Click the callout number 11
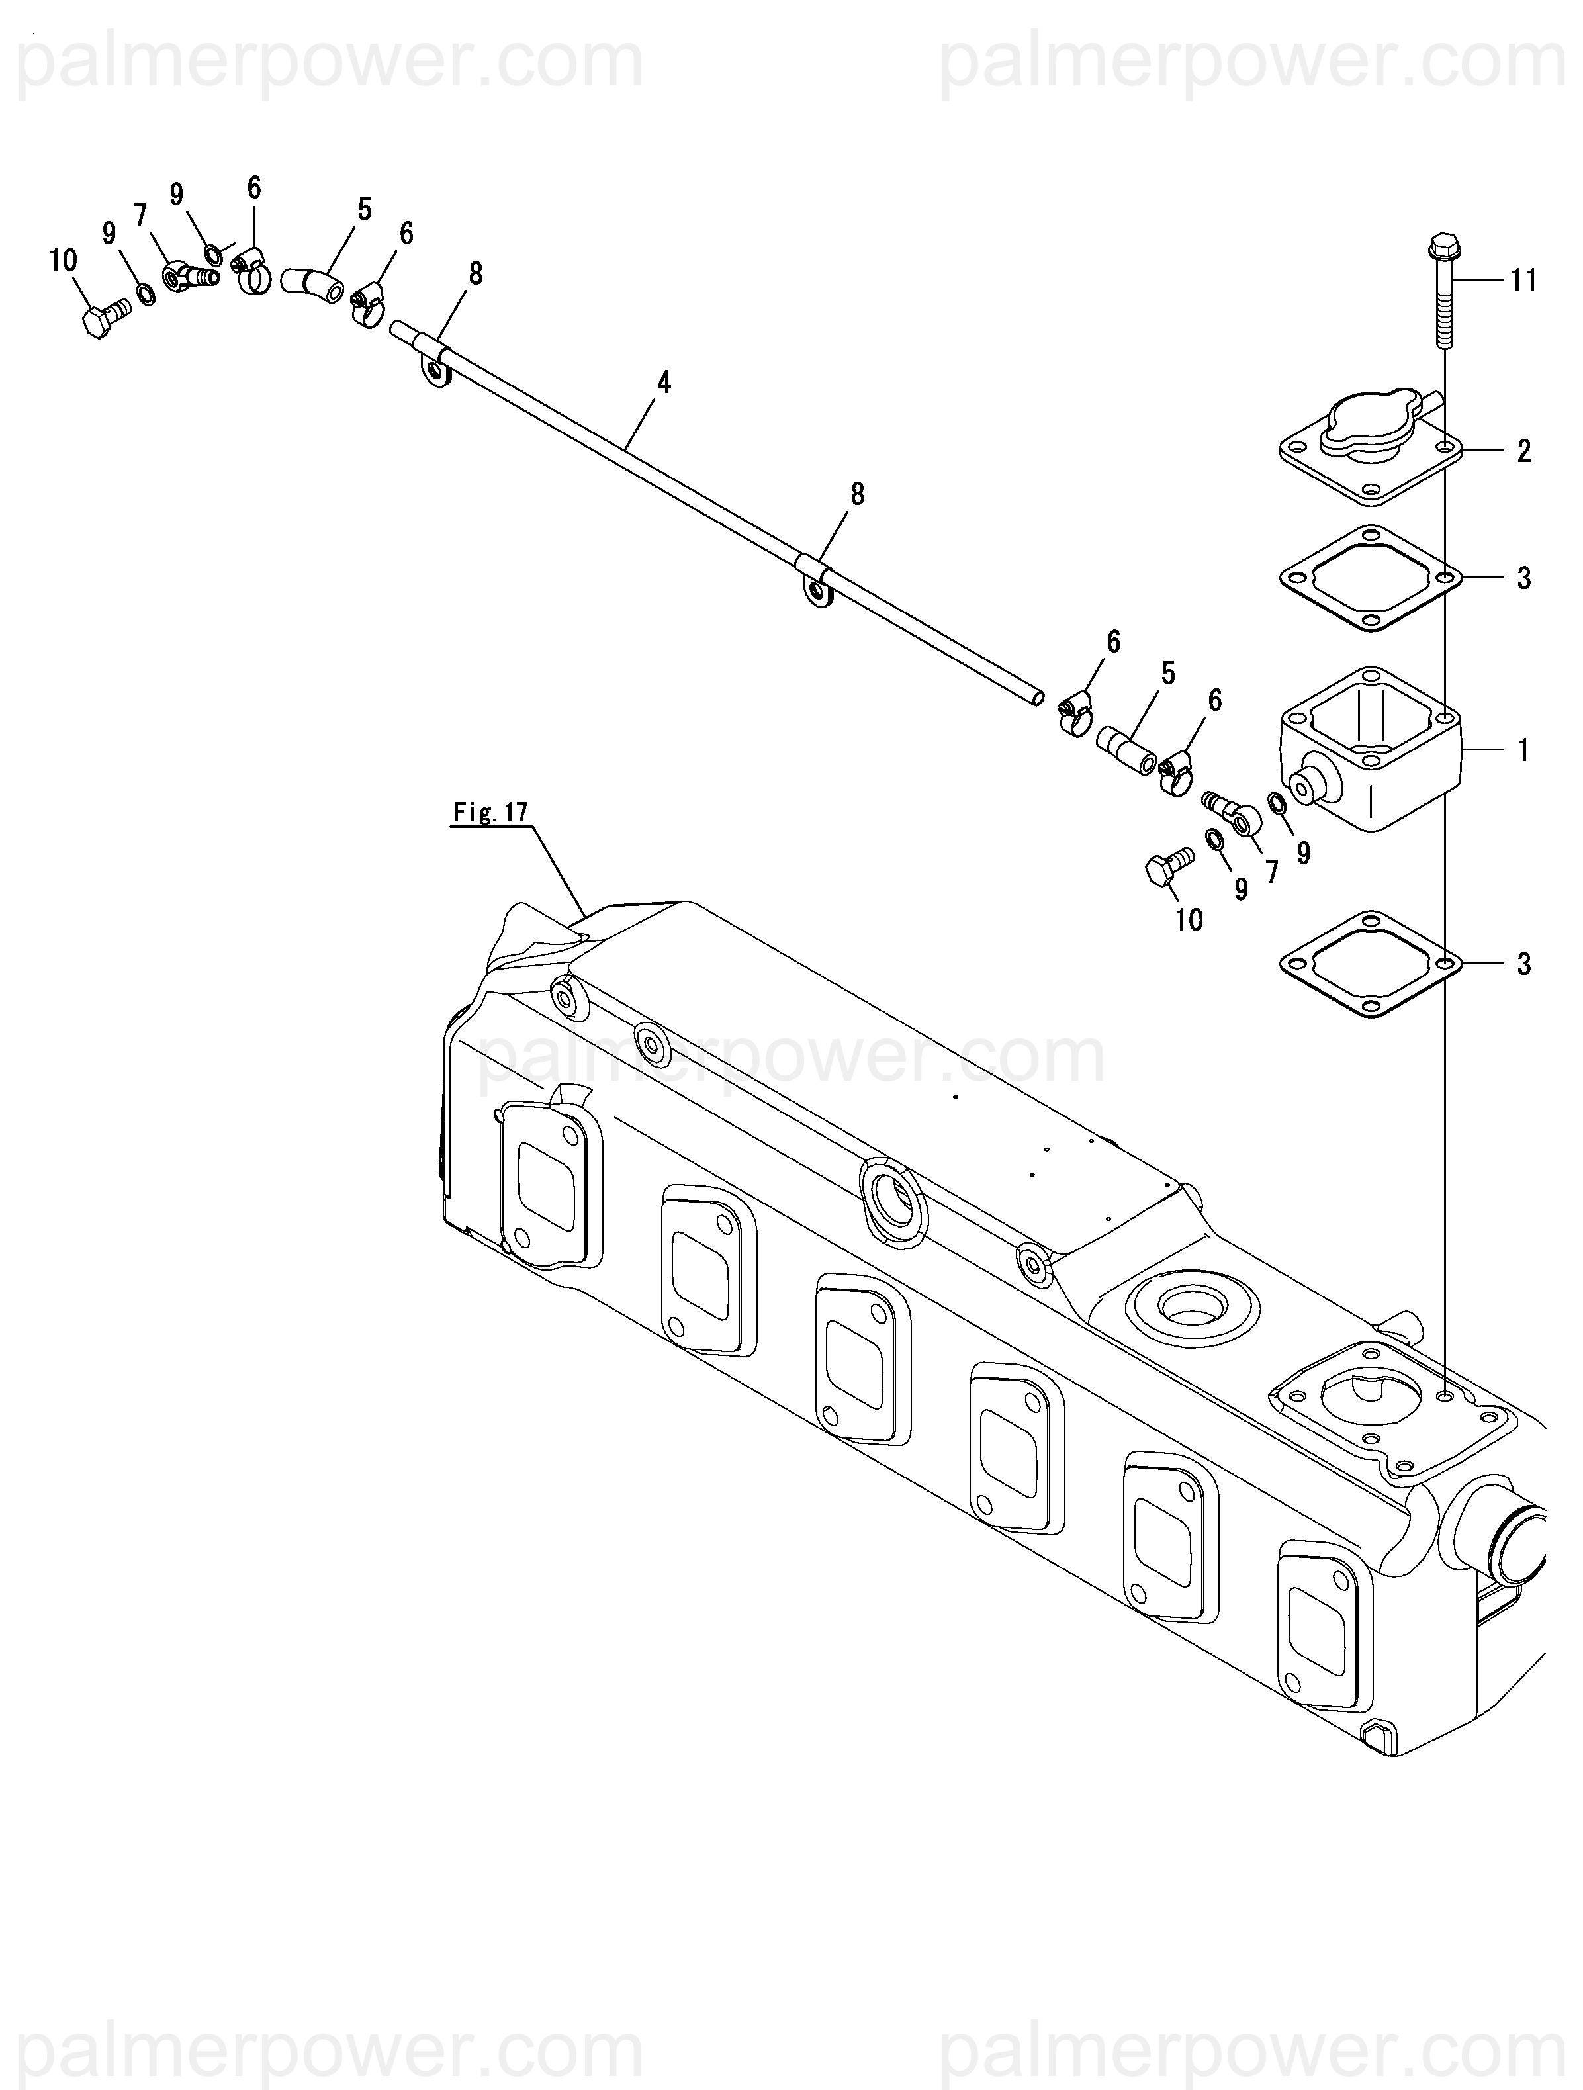[x=1523, y=281]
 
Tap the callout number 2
[x=1523, y=451]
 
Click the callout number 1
[x=1523, y=750]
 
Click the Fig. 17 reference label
[x=490, y=813]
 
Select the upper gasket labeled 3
[x=1371, y=577]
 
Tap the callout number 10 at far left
[x=64, y=260]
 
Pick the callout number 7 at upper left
[x=142, y=216]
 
